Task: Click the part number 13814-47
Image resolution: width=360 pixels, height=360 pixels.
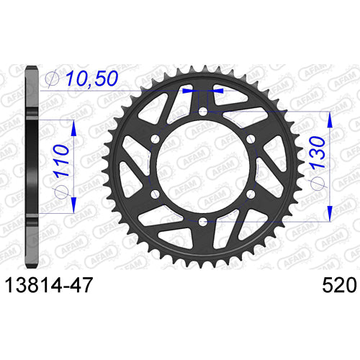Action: click(x=49, y=285)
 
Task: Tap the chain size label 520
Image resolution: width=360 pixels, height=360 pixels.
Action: click(x=339, y=285)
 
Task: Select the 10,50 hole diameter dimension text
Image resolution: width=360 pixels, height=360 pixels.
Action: click(x=92, y=78)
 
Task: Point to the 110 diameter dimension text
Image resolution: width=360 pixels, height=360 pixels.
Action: click(x=61, y=161)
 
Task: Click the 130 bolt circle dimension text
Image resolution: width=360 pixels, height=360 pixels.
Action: click(x=318, y=152)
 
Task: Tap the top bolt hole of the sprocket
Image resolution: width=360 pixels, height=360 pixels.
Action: click(x=203, y=112)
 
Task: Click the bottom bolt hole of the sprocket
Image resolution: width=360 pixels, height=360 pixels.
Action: click(x=203, y=222)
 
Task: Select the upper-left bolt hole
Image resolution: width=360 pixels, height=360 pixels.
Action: click(x=156, y=139)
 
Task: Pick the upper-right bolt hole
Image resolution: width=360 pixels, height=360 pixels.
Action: click(x=251, y=139)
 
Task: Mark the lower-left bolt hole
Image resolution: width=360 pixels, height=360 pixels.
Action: click(x=156, y=194)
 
